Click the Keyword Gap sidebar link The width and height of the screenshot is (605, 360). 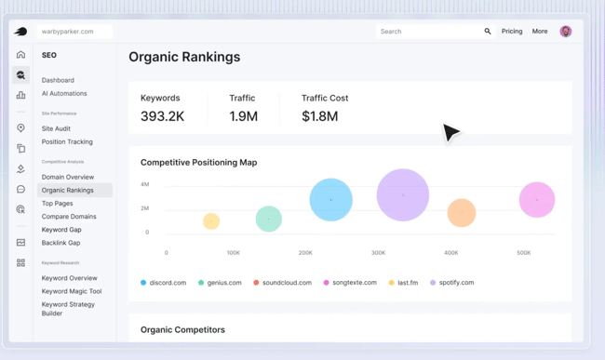pos(61,230)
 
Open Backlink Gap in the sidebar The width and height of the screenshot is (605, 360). pos(60,243)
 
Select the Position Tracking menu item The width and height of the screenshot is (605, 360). pos(67,142)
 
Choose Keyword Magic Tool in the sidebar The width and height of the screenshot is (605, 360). pos(72,291)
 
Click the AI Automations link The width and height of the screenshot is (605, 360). pos(64,93)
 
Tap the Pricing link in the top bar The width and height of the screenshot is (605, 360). pos(512,32)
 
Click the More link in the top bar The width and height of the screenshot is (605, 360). pos(540,32)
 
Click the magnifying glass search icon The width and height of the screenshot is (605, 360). pos(488,32)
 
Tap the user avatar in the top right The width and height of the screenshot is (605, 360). pos(565,32)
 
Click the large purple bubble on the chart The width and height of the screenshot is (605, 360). pos(403,195)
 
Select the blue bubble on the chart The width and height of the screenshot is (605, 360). pos(330,199)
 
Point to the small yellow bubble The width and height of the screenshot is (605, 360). pos(211,221)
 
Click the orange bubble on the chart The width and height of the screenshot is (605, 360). pos(461,213)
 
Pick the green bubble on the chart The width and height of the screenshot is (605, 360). pos(269,219)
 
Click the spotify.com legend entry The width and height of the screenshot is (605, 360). pos(455,283)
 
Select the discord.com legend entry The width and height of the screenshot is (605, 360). pos(168,283)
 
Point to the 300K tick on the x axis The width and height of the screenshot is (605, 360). pos(378,253)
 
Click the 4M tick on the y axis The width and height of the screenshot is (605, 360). pos(144,184)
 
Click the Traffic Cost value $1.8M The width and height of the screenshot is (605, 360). pos(319,116)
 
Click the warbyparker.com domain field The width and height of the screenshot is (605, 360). pos(74,32)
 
